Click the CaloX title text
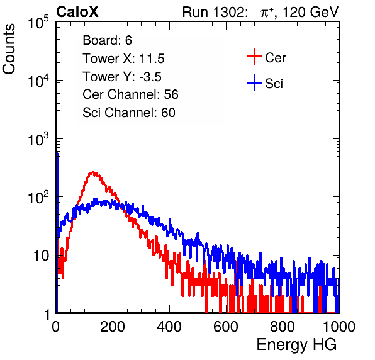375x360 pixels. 77,12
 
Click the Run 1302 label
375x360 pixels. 215,12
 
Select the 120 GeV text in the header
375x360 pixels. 310,12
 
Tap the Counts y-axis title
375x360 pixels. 9,49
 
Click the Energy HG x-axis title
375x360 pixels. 296,345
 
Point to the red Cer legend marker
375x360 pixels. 254,57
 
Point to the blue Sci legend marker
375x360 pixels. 254,82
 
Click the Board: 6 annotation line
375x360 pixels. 107,40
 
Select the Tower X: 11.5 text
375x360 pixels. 123,59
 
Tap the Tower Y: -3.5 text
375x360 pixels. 122,77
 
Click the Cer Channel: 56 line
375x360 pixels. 130,94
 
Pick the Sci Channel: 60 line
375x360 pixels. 129,113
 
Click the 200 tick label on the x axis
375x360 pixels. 113,327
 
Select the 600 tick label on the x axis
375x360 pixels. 226,327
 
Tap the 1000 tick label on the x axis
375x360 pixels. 339,327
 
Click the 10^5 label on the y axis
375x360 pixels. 38,23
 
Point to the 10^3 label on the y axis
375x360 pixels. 38,139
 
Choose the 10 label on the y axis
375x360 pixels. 41,256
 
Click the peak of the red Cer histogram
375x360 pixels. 93,172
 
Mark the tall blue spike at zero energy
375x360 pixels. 57,232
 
